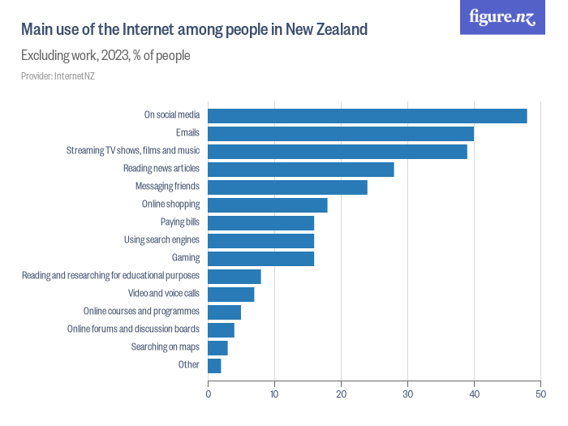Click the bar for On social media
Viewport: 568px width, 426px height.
point(368,115)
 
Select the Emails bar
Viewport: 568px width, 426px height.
point(341,133)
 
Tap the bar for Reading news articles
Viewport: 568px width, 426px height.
point(301,169)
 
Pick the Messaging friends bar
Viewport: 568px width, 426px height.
point(288,187)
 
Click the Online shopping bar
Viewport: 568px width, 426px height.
point(268,204)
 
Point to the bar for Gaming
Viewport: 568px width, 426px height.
point(261,258)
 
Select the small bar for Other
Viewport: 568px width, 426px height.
point(215,365)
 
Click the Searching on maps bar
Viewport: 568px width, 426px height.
point(218,347)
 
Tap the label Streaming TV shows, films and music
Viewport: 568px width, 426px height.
point(133,151)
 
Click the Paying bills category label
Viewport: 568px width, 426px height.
point(180,222)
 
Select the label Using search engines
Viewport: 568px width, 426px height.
point(161,240)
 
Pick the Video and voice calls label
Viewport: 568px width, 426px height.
point(164,294)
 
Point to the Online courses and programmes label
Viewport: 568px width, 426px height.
point(141,312)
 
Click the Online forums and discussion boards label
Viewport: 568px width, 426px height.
point(133,329)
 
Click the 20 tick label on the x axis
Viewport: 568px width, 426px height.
point(342,394)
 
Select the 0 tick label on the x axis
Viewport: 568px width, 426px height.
point(209,394)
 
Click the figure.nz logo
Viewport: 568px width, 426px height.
point(502,17)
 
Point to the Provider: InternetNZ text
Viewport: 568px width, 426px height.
point(58,76)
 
